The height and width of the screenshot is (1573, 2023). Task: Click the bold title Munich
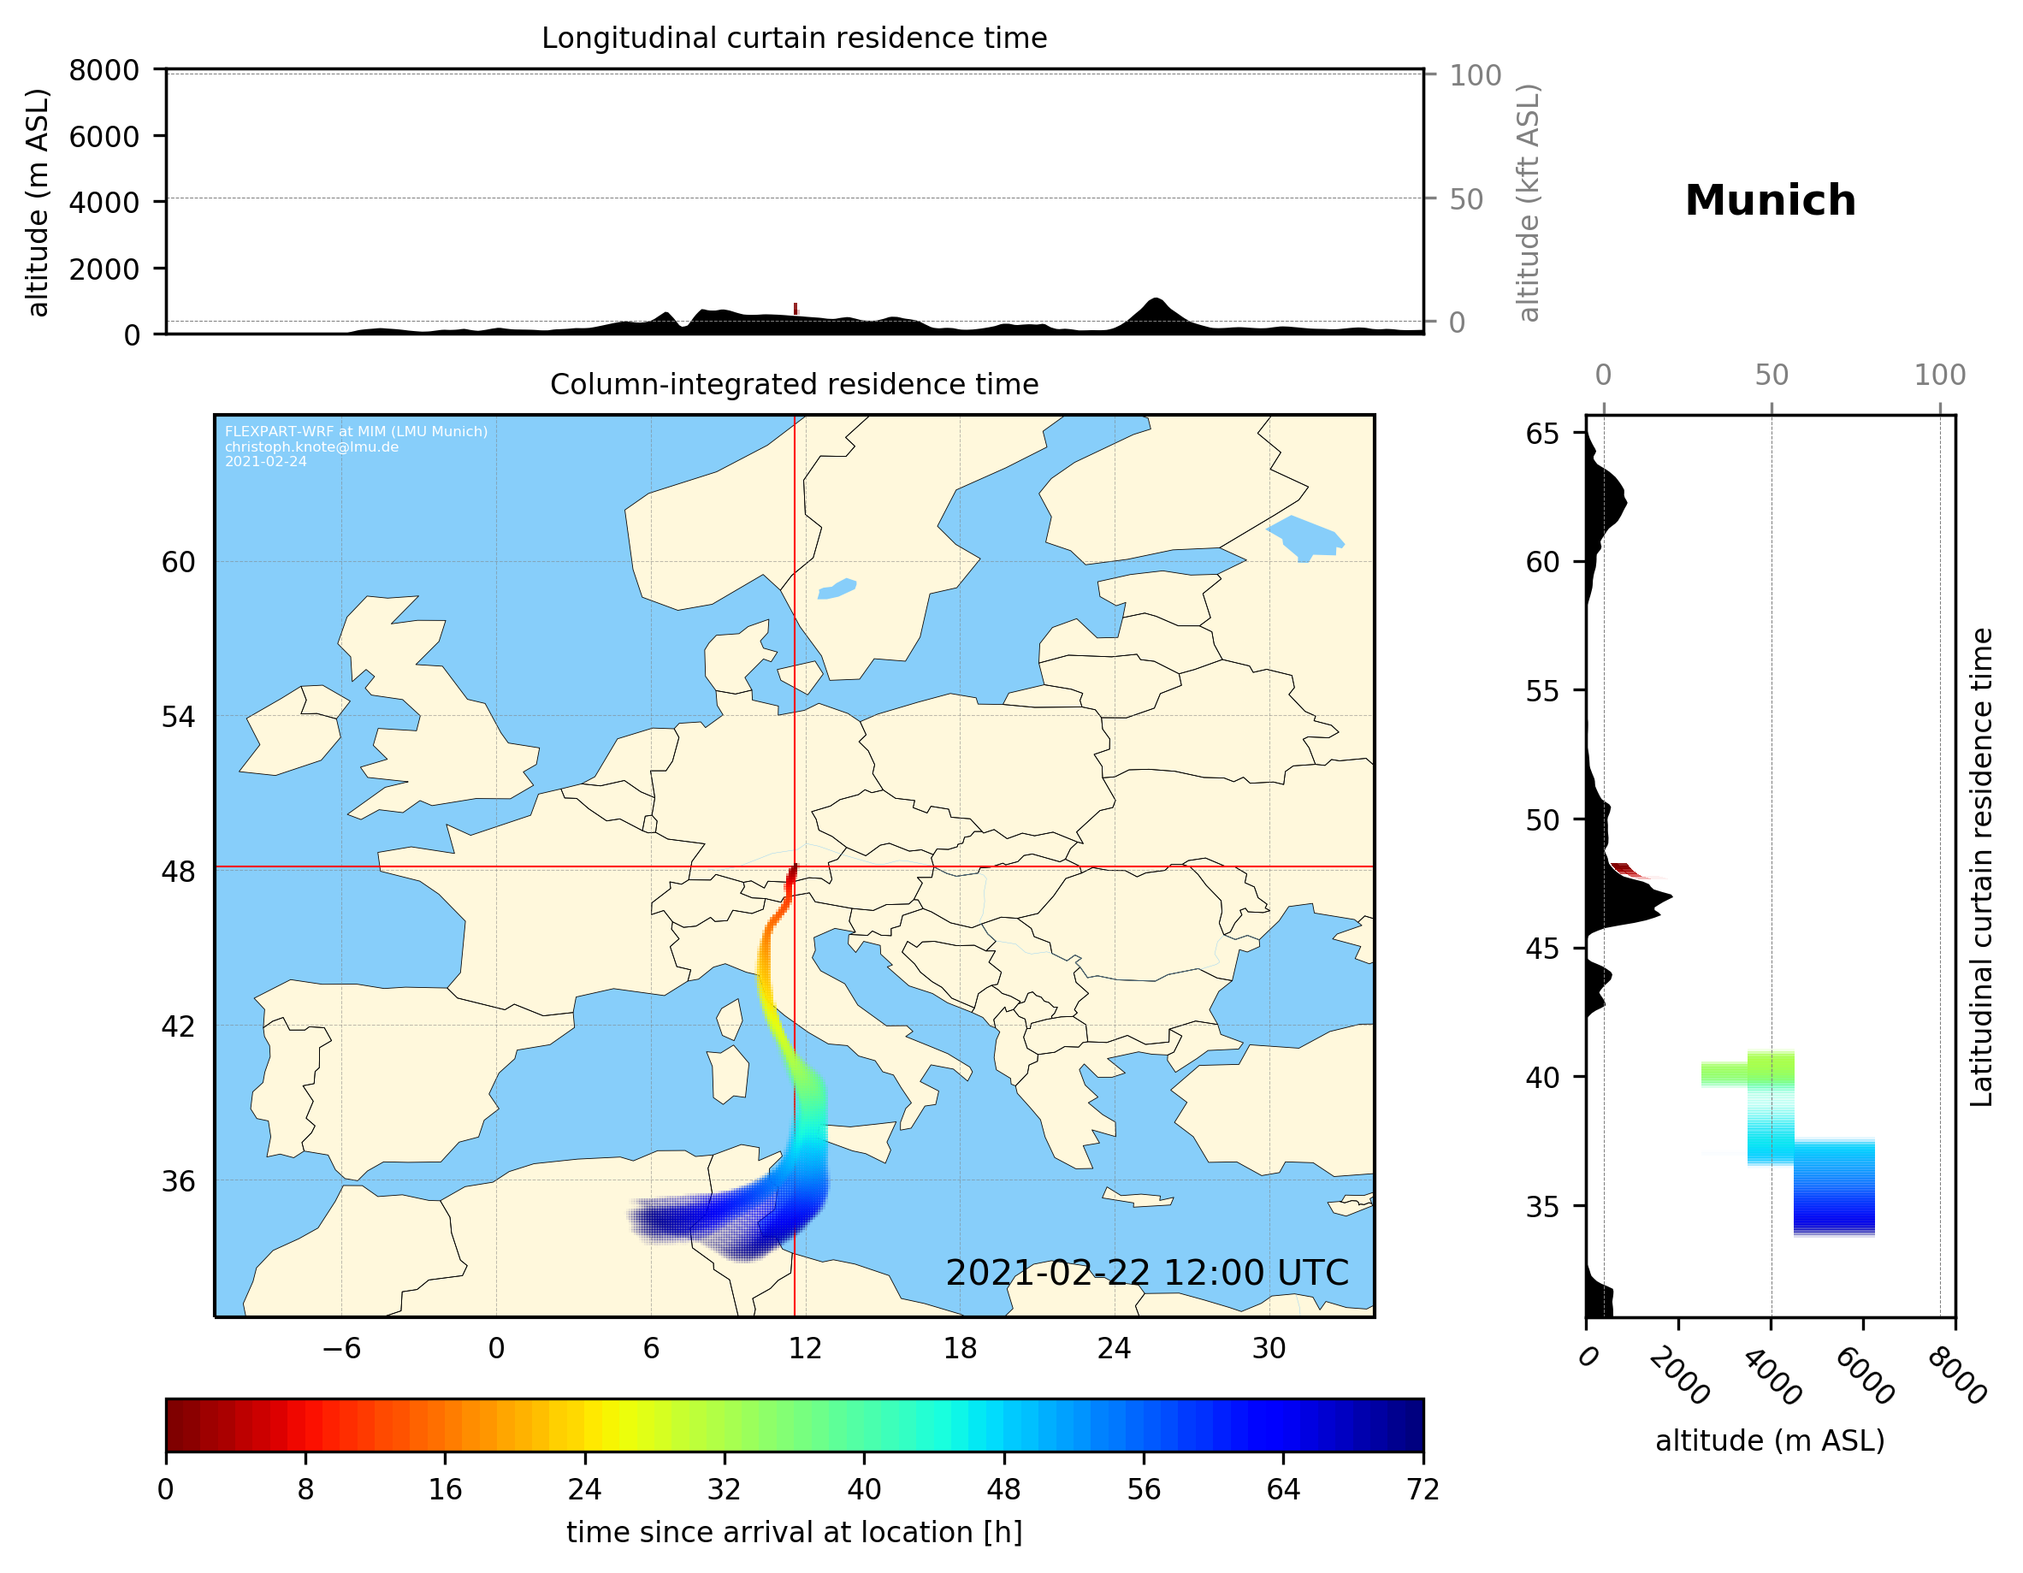click(1769, 201)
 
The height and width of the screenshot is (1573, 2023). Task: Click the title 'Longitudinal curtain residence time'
click(794, 38)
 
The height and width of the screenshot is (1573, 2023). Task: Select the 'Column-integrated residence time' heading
click(794, 384)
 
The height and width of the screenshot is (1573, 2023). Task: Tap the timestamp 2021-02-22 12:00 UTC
click(1146, 1273)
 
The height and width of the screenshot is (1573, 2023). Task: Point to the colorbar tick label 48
click(1003, 1490)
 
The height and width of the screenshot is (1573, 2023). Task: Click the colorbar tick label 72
click(1422, 1490)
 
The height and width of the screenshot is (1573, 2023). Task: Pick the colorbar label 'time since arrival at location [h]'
click(794, 1532)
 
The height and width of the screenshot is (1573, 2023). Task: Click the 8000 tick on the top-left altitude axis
click(104, 70)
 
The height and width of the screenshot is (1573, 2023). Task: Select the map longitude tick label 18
click(960, 1348)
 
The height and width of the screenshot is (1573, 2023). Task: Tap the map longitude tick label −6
click(340, 1348)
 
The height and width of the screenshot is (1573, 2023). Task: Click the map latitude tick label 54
click(178, 717)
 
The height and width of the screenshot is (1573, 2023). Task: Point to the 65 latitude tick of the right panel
click(1542, 434)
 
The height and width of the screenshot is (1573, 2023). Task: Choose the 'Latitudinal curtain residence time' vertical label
click(1980, 866)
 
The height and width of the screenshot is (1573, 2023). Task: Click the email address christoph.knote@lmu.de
click(311, 446)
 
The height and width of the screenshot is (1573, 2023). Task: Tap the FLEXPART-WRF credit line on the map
click(356, 432)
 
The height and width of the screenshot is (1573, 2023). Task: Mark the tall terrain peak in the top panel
click(1154, 302)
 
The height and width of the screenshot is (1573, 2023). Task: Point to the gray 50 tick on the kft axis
click(1465, 199)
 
